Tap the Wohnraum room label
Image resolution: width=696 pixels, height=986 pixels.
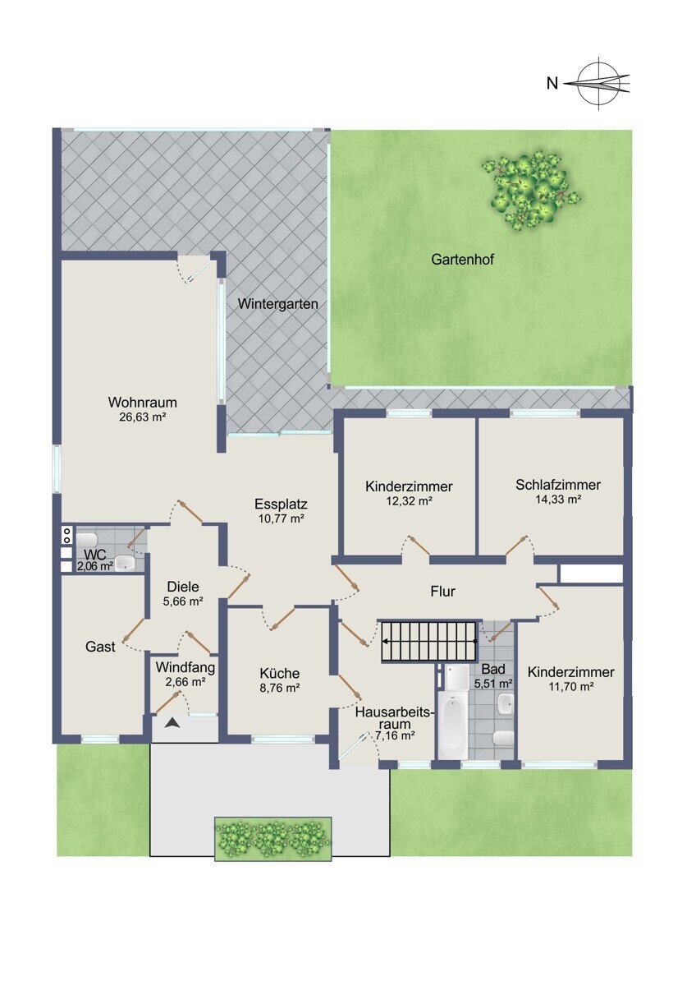tap(143, 403)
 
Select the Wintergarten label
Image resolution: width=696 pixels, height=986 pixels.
tap(278, 304)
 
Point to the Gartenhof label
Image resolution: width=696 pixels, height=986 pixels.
tap(463, 260)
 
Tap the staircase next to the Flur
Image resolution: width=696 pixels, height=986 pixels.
tap(428, 642)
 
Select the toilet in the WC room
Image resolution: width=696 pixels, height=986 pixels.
tap(87, 539)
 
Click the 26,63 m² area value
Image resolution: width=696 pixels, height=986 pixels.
tap(143, 417)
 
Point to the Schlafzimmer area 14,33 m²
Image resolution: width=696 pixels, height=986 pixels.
tap(558, 500)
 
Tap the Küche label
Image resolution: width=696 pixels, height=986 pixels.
tap(280, 673)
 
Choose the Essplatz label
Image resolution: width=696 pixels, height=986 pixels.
tap(281, 504)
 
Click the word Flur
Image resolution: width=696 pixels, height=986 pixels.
tap(442, 591)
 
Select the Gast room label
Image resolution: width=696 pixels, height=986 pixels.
tap(100, 647)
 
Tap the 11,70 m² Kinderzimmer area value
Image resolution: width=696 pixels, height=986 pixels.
tap(570, 686)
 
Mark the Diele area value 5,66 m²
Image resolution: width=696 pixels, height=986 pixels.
tap(183, 601)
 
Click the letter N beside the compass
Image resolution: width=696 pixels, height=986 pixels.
tap(552, 83)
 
